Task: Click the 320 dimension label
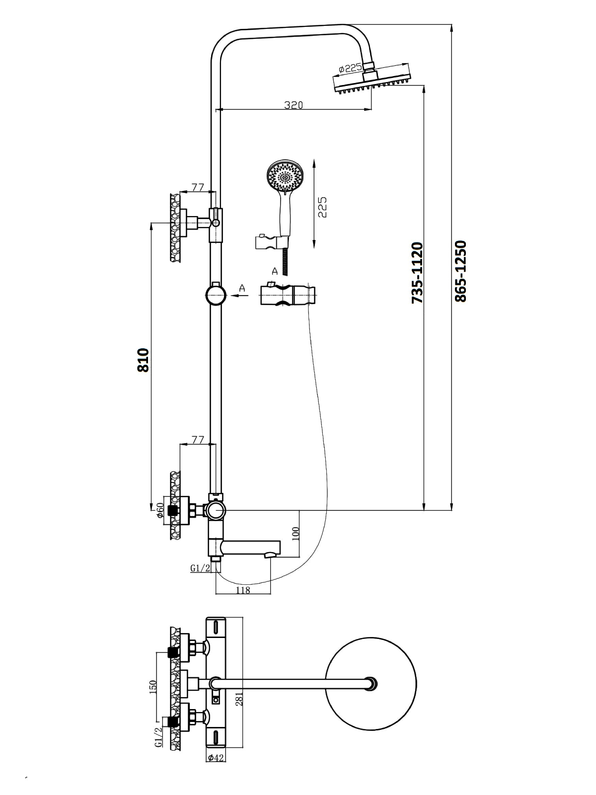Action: click(x=293, y=105)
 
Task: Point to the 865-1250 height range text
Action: click(x=460, y=271)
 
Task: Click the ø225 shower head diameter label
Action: click(x=350, y=68)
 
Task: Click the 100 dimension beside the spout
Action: click(x=296, y=534)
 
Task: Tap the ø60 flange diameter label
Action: click(x=160, y=510)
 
